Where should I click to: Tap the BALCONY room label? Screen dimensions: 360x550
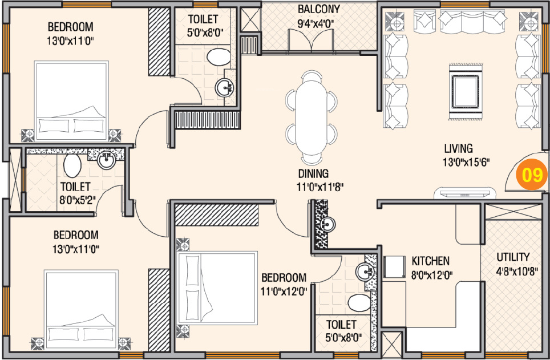tap(319, 9)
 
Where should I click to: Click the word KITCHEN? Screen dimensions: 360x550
tap(431, 261)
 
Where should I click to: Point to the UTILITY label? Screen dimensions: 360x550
tap(513, 257)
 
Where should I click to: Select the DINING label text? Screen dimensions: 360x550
tap(313, 173)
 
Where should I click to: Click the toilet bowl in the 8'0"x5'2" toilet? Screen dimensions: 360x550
tap(72, 166)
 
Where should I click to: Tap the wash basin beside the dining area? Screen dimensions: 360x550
tap(327, 224)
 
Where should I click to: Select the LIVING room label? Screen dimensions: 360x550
tap(458, 148)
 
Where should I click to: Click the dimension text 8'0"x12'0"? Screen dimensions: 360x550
tap(432, 274)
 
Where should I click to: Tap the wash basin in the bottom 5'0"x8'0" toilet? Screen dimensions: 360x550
tap(365, 272)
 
